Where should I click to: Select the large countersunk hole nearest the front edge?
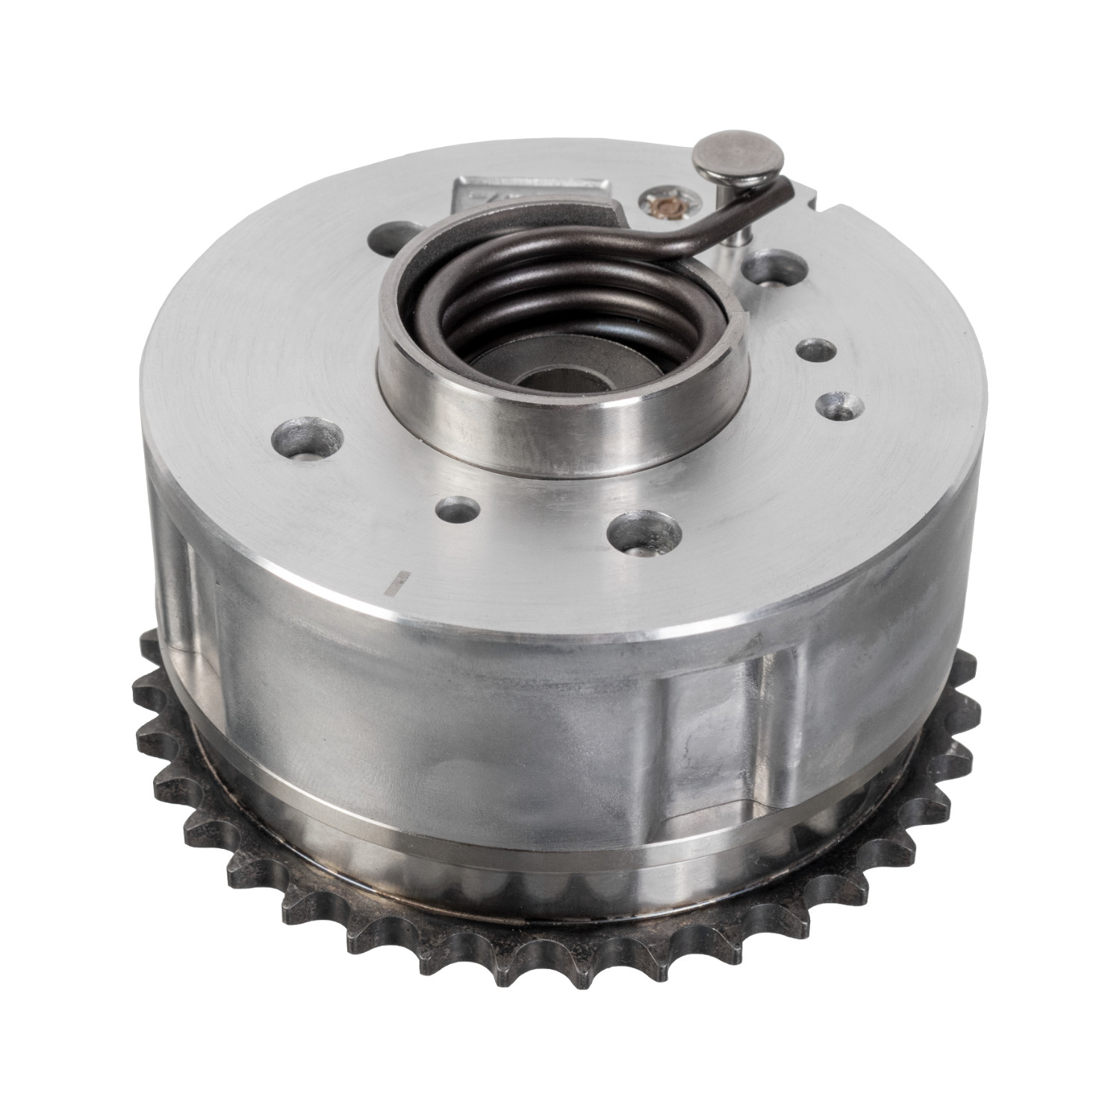pyautogui.click(x=644, y=532)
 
